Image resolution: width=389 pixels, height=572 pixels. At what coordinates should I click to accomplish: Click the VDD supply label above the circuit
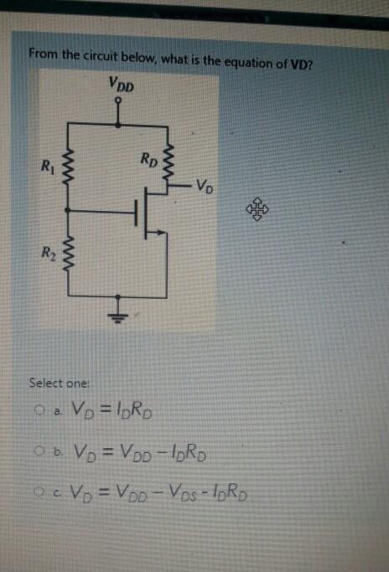tap(122, 85)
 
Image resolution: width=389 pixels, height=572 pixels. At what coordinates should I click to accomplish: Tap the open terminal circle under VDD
tap(118, 100)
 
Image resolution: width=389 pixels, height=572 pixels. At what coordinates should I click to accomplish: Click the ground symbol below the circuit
tap(118, 316)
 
